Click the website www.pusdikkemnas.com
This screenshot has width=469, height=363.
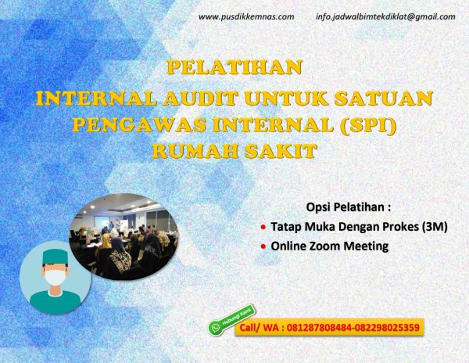coord(246,16)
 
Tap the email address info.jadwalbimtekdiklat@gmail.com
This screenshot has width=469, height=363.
coord(385,16)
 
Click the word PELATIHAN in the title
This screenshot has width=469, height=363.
coord(234,67)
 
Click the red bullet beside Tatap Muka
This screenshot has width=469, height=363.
coord(263,228)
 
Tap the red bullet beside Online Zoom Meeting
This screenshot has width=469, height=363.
coord(263,246)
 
